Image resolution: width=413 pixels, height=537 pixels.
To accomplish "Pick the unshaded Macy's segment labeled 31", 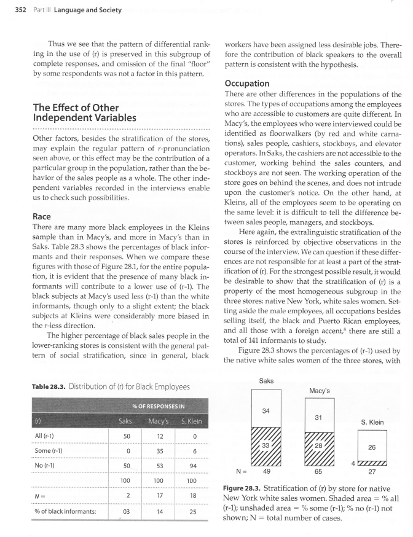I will (318, 417).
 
